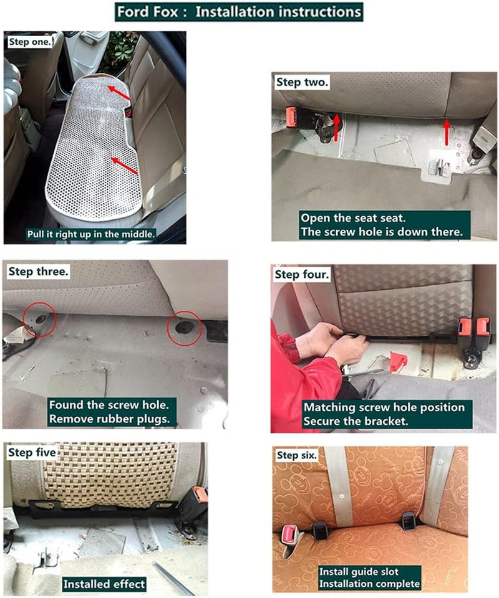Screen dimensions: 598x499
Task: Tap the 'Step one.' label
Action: coord(29,42)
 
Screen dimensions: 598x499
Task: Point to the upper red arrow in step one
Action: coord(118,94)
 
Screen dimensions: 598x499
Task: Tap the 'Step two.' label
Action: coord(303,82)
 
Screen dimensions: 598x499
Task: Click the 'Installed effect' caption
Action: coord(104,584)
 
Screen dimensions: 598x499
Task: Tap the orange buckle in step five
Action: coord(200,495)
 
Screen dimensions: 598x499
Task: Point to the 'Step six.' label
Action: coord(297,455)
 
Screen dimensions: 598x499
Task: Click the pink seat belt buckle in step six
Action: coord(290,534)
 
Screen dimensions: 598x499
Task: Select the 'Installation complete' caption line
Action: coord(369,584)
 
